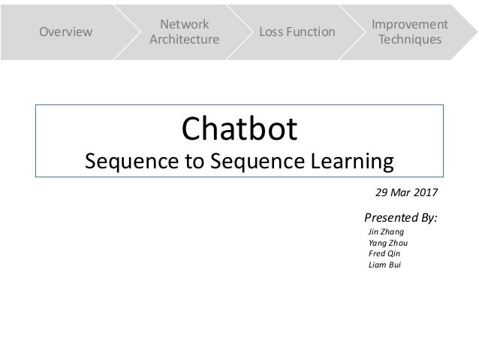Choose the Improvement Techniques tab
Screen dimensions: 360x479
410,32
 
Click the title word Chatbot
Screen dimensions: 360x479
240,129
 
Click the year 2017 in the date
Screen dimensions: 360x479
424,193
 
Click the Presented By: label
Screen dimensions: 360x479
400,218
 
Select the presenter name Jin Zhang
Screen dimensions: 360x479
387,232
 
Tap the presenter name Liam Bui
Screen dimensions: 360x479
385,265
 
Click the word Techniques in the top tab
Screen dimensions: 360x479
410,39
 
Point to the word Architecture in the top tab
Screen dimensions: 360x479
185,39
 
